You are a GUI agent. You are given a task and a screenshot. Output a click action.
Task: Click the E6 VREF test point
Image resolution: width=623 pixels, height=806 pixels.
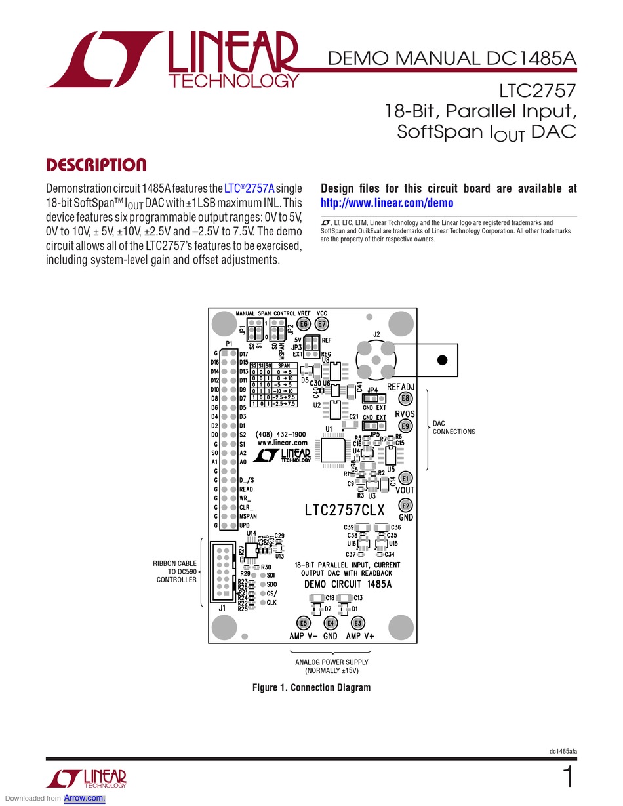tap(304, 324)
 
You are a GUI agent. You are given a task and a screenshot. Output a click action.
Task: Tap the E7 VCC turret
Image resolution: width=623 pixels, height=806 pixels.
tap(322, 324)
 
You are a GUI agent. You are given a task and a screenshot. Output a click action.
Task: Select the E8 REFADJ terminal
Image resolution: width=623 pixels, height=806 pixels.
tap(406, 398)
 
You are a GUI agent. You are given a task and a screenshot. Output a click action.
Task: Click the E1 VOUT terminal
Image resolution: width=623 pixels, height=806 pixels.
tap(406, 477)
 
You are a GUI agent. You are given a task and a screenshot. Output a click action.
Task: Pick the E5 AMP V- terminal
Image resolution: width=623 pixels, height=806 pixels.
tap(303, 623)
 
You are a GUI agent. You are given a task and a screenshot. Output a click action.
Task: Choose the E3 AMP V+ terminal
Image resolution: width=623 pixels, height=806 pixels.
tap(357, 623)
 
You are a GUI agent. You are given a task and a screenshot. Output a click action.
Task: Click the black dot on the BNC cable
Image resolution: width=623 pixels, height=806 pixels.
tap(442, 360)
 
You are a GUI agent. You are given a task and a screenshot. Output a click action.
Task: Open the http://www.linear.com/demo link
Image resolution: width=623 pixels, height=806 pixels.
tap(387, 203)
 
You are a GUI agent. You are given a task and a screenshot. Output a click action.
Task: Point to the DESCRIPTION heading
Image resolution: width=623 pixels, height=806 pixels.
tap(96, 165)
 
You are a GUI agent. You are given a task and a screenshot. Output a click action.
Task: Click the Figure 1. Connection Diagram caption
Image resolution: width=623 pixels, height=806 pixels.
tap(311, 687)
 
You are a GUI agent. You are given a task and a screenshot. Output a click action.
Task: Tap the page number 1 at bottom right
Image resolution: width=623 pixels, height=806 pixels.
tap(569, 778)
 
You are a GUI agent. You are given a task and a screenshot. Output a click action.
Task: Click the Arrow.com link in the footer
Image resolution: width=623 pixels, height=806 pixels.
tap(85, 798)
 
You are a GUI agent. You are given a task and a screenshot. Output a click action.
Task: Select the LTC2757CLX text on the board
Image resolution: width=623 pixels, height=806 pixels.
tap(344, 510)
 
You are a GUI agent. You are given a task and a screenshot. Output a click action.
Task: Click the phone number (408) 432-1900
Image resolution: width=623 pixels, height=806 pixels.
tap(281, 435)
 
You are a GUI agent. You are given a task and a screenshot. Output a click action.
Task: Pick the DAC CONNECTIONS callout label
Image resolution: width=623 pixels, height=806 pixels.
tap(454, 428)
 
